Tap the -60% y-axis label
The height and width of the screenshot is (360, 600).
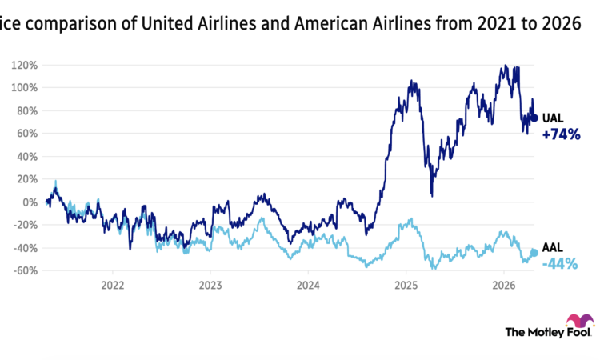click(x=24, y=271)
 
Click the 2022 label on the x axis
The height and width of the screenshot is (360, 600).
click(x=112, y=285)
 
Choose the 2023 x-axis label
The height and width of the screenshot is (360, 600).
click(x=210, y=285)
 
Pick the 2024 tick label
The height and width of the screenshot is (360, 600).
click(x=308, y=285)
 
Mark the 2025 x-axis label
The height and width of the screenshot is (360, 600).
click(x=406, y=285)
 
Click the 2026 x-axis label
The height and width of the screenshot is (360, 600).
click(x=503, y=285)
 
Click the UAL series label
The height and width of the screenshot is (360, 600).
click(x=554, y=118)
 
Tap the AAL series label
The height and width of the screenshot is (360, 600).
click(x=554, y=249)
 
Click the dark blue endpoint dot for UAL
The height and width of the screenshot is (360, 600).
click(x=534, y=118)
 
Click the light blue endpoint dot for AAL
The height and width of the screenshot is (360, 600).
click(x=534, y=253)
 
